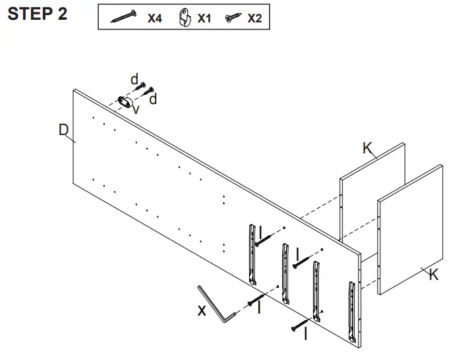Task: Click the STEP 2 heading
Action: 37,14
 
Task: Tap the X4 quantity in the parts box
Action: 154,18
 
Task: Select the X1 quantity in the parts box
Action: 204,18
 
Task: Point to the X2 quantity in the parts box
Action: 254,18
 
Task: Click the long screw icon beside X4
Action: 123,17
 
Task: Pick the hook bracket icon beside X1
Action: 185,18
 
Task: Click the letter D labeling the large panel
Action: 63,130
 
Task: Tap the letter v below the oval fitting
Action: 136,110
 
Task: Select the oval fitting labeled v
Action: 125,101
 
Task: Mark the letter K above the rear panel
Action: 367,148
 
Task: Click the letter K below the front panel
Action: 433,275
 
